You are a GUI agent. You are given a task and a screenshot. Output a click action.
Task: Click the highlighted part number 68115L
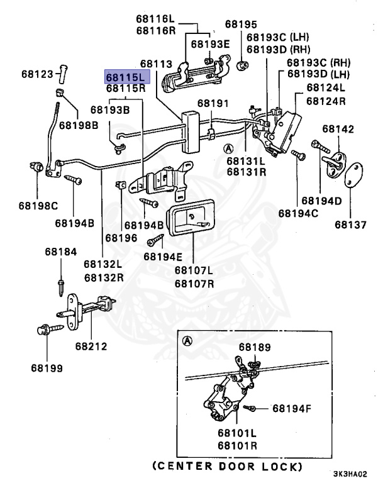[125, 77]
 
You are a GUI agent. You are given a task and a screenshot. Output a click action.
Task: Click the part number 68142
[338, 129]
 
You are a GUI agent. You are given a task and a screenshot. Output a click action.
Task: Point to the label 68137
[350, 224]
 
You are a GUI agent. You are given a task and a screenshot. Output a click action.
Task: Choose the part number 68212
[91, 346]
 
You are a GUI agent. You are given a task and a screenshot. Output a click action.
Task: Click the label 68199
[47, 367]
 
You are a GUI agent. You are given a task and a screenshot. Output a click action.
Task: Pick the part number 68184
[60, 252]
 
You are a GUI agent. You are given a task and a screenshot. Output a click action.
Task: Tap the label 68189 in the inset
[255, 347]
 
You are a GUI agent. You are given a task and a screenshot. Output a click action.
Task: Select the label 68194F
[291, 409]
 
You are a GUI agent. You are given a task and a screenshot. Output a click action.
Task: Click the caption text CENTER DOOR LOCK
[227, 467]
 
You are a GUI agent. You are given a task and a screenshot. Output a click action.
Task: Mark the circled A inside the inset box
[186, 341]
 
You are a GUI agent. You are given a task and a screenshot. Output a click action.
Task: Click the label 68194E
[162, 256]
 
